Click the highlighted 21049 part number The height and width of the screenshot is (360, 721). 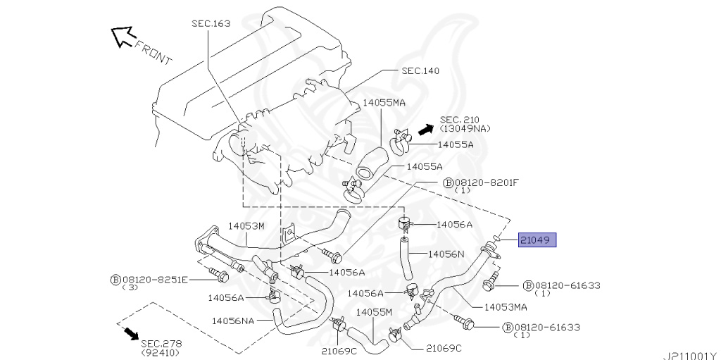tap(537, 241)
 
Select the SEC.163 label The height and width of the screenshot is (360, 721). tap(211, 23)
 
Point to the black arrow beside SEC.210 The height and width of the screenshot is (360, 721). tap(424, 130)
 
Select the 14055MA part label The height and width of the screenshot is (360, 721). tap(384, 103)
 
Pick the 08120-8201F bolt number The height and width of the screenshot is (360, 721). tap(486, 182)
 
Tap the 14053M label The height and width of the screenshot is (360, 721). tap(245, 226)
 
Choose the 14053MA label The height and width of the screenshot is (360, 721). tap(506, 306)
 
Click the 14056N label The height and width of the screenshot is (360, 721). tap(446, 255)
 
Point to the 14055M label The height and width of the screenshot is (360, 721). tap(373, 311)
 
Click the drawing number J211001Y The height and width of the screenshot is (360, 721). tap(689, 355)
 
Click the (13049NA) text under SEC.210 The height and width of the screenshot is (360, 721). tap(465, 129)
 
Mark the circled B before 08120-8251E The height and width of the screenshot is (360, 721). tap(115, 280)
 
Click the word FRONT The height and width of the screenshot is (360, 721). tap(153, 54)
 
